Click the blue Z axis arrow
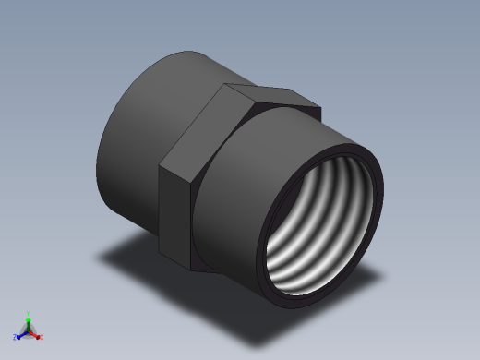[20, 333]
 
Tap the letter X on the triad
[42, 337]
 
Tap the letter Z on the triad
[16, 337]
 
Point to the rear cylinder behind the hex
[148, 120]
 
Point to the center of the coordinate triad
[29, 329]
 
